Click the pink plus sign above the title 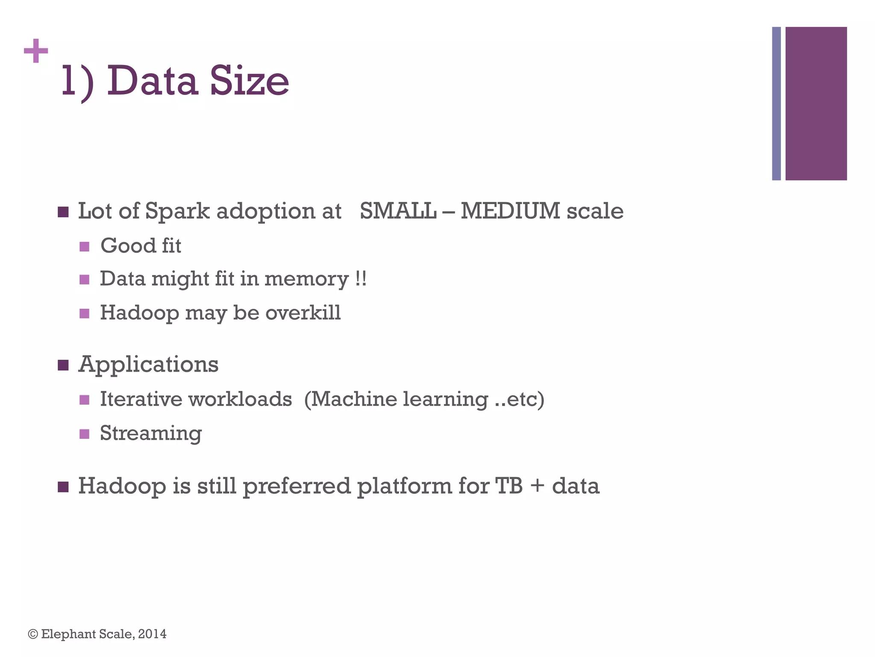36,51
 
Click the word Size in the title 249,81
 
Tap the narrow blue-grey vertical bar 776,104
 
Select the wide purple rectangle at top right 816,104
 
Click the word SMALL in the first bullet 398,211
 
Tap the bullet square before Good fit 84,247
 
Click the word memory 306,279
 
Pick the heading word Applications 148,365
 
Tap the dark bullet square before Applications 63,365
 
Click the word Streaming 150,433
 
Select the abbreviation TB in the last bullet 508,486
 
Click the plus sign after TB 537,487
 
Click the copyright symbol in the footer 33,634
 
